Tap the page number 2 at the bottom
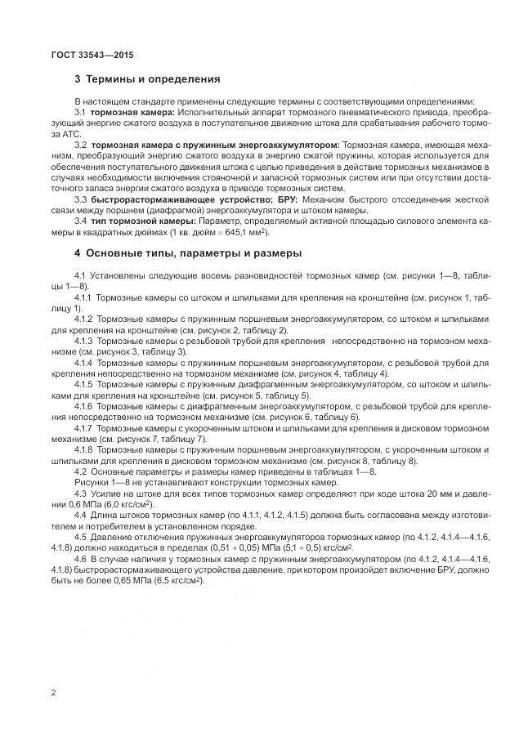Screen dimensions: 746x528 pyautogui.click(x=53, y=693)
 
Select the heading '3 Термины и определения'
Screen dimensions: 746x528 pyautogui.click(x=147, y=79)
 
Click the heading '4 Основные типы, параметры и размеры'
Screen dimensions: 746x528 pyautogui.click(x=188, y=252)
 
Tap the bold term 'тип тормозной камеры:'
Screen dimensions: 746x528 pyautogui.click(x=140, y=221)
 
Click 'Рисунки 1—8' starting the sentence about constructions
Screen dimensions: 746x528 pyautogui.click(x=98, y=482)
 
